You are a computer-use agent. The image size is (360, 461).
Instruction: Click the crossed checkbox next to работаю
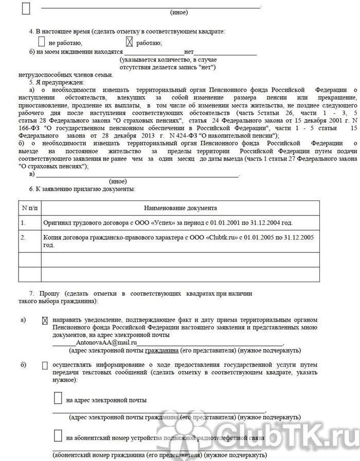pos(130,42)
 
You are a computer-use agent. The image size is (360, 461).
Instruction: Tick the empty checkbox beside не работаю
pos(42,42)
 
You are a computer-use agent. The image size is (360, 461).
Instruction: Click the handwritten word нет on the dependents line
pos(189,52)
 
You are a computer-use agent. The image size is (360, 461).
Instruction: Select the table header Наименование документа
pos(180,208)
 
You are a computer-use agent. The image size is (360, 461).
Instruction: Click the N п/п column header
pos(30,208)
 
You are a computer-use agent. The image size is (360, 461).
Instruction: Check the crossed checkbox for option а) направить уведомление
pos(45,320)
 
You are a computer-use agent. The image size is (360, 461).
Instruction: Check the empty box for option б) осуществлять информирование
pos(45,365)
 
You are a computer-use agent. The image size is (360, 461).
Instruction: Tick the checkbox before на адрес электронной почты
pos(58,399)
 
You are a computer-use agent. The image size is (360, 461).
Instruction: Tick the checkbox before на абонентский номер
pos(58,436)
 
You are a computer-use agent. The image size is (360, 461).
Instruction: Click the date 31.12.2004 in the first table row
pos(277,223)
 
